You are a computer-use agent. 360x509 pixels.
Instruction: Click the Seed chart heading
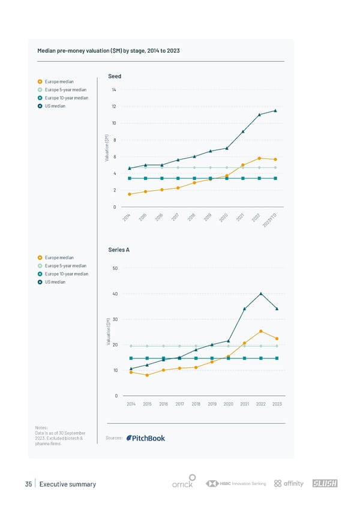[115, 76]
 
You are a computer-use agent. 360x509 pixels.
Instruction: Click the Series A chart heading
[119, 250]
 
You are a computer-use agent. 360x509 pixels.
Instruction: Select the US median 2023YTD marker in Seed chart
[275, 110]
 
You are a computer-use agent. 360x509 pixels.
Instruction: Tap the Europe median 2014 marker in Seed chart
[130, 194]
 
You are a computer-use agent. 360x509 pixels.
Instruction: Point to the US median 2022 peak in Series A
[261, 294]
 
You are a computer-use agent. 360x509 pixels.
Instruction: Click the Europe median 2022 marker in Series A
[261, 331]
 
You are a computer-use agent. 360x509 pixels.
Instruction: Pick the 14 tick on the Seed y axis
[114, 89]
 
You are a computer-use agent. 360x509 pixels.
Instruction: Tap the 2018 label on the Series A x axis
[196, 404]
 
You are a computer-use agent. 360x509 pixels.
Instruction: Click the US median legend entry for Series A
[55, 282]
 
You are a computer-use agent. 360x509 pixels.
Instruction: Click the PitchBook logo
[146, 438]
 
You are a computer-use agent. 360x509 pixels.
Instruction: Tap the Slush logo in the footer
[326, 483]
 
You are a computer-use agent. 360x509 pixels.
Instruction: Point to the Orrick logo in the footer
[182, 484]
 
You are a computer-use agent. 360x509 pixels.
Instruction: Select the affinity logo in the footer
[289, 483]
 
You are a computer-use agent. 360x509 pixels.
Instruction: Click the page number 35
[28, 484]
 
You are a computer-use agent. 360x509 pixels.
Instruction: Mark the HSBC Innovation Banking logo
[236, 483]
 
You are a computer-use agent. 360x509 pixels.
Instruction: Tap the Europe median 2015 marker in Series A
[147, 375]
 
